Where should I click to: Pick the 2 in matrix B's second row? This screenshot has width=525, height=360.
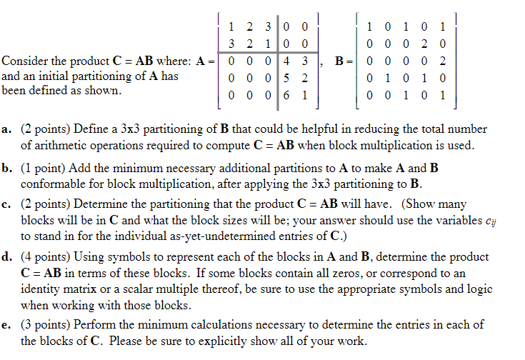[428, 44]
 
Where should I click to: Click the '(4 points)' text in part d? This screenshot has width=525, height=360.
[47, 256]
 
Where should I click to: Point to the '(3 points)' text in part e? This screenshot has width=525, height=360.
[47, 325]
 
